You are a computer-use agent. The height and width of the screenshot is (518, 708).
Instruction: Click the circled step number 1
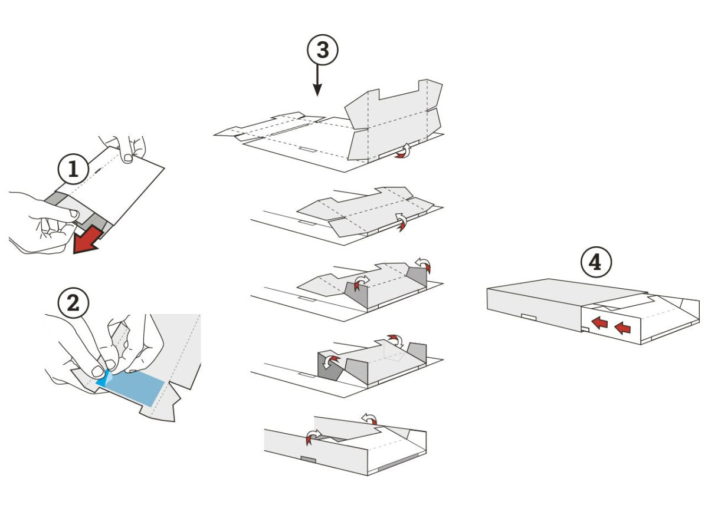point(73,169)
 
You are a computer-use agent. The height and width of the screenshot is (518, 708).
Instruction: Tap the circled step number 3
point(323,51)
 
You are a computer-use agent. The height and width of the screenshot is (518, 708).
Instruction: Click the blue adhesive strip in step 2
point(133,387)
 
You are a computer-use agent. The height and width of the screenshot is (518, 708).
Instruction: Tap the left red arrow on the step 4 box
point(600,323)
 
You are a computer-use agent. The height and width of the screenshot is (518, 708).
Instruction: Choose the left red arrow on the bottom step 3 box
point(314,436)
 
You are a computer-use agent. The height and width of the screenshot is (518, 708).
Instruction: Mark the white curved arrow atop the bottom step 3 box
point(369,418)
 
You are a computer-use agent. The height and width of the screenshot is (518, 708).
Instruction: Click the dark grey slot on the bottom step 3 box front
point(309,458)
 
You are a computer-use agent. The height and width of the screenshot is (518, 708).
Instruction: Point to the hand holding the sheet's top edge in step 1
point(123,147)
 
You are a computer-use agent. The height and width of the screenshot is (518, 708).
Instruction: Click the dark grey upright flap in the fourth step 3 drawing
point(326,365)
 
